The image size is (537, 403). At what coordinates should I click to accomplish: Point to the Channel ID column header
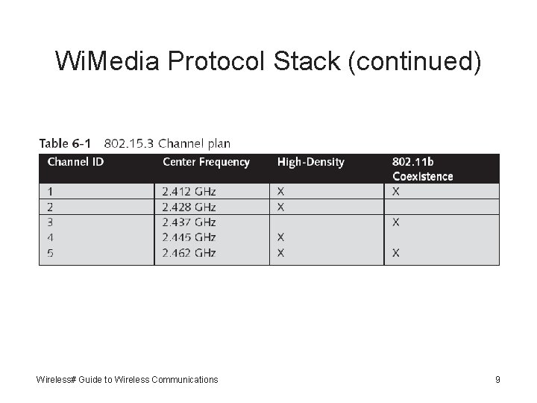pyautogui.click(x=75, y=162)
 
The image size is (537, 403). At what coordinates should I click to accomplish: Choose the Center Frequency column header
pyautogui.click(x=206, y=162)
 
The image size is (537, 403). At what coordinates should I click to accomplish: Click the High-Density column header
pyautogui.click(x=310, y=162)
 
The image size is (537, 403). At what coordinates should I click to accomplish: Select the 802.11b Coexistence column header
pyautogui.click(x=422, y=169)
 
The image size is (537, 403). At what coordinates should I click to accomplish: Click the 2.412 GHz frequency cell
pyautogui.click(x=189, y=192)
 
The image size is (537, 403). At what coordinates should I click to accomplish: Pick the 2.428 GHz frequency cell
pyautogui.click(x=189, y=207)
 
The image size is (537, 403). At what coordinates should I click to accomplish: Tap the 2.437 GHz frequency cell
pyautogui.click(x=189, y=222)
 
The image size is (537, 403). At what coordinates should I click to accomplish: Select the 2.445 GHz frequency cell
pyautogui.click(x=189, y=237)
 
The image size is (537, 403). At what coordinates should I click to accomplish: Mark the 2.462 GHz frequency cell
pyautogui.click(x=189, y=253)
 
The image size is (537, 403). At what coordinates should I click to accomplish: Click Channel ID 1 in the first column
pyautogui.click(x=50, y=192)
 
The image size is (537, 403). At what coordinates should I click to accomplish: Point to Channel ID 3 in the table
pyautogui.click(x=51, y=222)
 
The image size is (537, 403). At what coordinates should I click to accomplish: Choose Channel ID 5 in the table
pyautogui.click(x=51, y=253)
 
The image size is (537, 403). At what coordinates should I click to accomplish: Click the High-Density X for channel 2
pyautogui.click(x=280, y=207)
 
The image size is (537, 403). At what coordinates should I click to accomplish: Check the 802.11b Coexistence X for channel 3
pyautogui.click(x=395, y=222)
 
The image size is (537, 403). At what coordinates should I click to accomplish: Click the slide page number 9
pyautogui.click(x=497, y=380)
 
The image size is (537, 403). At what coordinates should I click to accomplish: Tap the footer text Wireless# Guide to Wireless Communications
pyautogui.click(x=127, y=380)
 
